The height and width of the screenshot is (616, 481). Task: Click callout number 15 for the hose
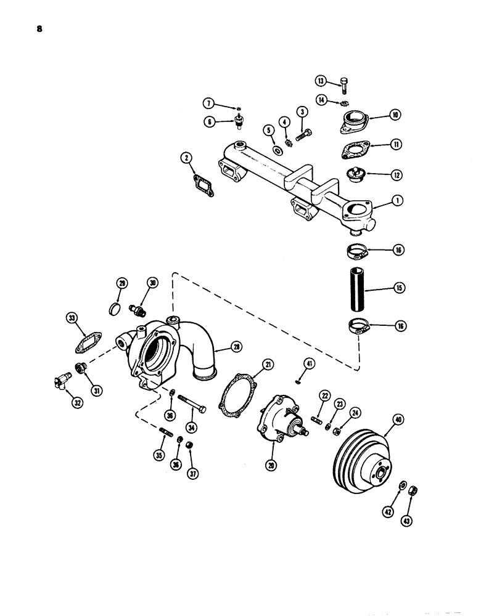pos(400,287)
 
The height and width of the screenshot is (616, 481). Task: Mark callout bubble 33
pos(72,318)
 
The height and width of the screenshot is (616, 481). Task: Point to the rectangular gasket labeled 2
pos(201,185)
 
